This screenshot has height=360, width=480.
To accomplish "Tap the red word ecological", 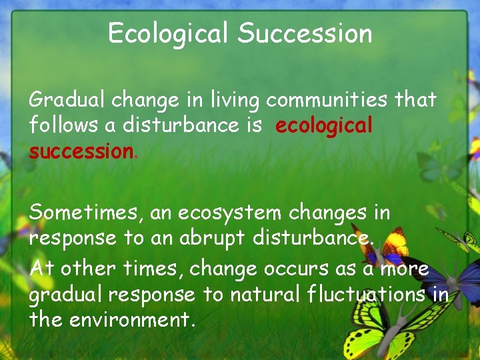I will [323, 126].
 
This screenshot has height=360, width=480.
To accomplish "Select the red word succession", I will [81, 151].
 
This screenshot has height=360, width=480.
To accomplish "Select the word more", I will [404, 269].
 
